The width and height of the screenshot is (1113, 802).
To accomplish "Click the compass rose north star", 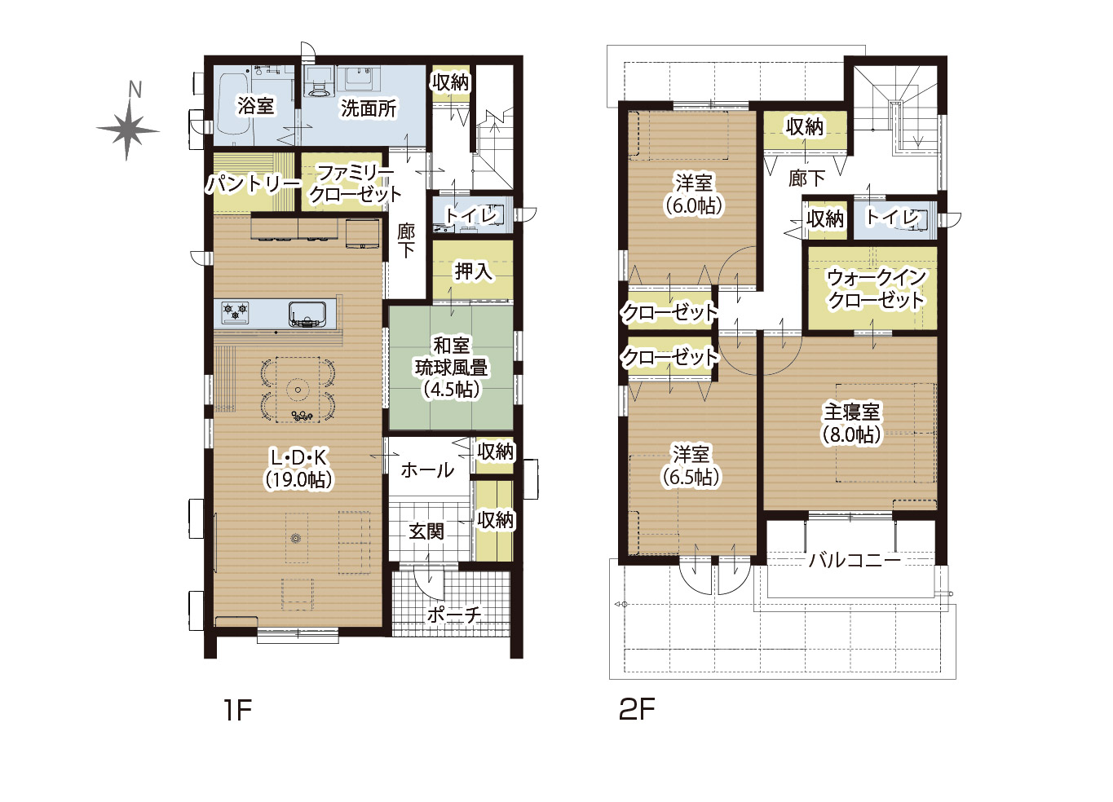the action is click(x=128, y=131).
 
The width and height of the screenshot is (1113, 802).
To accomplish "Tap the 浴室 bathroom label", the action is click(x=255, y=105).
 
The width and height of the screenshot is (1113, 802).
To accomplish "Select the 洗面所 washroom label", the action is click(x=369, y=108).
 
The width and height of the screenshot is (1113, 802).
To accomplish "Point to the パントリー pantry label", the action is click(x=254, y=184).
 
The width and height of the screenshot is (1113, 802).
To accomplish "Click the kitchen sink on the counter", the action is click(x=307, y=315).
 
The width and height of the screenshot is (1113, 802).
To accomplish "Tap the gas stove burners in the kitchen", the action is click(x=236, y=312).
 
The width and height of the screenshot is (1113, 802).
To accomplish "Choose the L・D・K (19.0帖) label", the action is click(x=299, y=468).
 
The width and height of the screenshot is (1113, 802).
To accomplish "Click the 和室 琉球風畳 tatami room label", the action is click(x=451, y=368).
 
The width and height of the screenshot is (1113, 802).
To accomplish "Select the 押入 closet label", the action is click(x=473, y=271).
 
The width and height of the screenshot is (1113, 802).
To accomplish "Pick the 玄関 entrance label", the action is click(x=426, y=532).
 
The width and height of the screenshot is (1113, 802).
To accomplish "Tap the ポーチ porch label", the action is click(x=454, y=615).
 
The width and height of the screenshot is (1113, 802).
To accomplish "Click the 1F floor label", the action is click(x=237, y=710).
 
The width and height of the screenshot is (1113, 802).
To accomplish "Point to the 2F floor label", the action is click(x=637, y=709).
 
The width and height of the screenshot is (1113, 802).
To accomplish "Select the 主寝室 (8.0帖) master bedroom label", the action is click(x=851, y=423).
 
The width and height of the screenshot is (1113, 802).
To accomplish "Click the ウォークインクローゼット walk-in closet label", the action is click(x=876, y=289).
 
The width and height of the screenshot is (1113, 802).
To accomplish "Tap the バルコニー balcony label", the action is click(x=855, y=561).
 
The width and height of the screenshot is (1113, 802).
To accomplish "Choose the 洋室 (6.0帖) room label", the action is click(x=694, y=194).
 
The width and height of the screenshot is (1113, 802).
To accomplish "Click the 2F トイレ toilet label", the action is click(x=893, y=217).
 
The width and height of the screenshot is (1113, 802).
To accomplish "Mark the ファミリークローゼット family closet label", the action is click(x=355, y=183).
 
